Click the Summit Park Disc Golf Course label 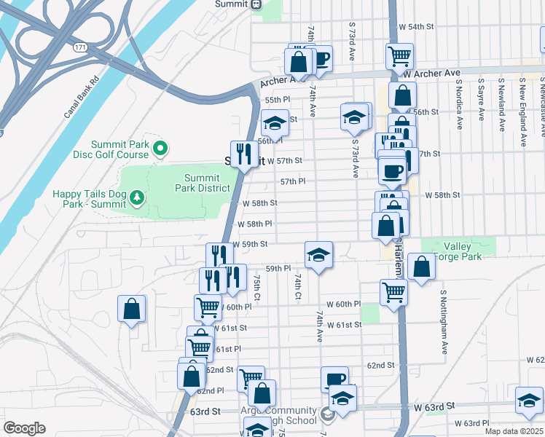(121, 149)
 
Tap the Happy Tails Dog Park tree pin (136, 197)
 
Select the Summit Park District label (202, 183)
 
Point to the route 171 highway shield (79, 47)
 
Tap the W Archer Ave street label (432, 74)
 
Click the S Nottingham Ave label (443, 322)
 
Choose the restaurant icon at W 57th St (244, 154)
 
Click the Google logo (24, 428)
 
